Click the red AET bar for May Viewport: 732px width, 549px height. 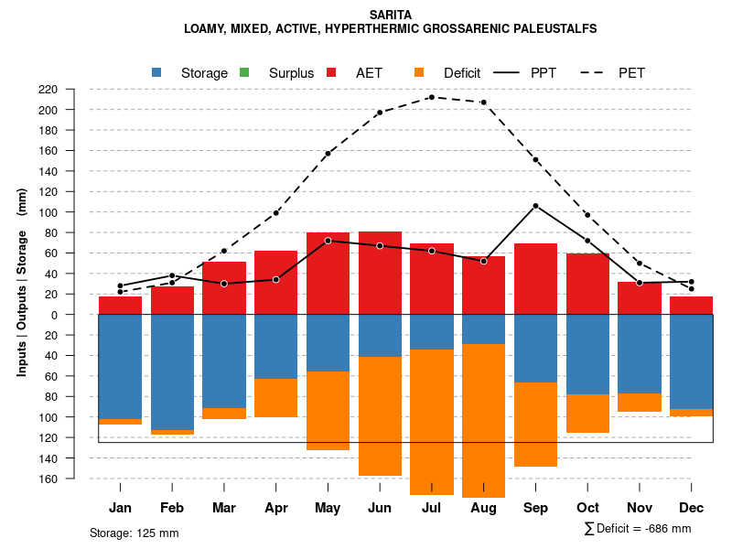click(328, 274)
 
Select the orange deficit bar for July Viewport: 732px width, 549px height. click(432, 421)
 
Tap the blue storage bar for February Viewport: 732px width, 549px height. click(172, 371)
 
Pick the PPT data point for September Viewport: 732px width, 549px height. click(535, 206)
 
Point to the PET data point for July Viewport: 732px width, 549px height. click(432, 97)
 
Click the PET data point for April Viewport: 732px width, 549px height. click(276, 212)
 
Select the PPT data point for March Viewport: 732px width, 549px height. click(224, 284)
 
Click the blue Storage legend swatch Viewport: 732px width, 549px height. click(157, 72)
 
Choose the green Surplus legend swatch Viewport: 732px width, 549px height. click(244, 72)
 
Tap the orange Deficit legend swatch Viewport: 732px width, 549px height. click(419, 72)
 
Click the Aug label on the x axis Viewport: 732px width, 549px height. click(483, 508)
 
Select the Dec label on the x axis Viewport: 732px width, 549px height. click(692, 508)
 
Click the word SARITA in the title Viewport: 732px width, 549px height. click(391, 15)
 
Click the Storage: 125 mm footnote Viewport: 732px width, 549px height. click(134, 533)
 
